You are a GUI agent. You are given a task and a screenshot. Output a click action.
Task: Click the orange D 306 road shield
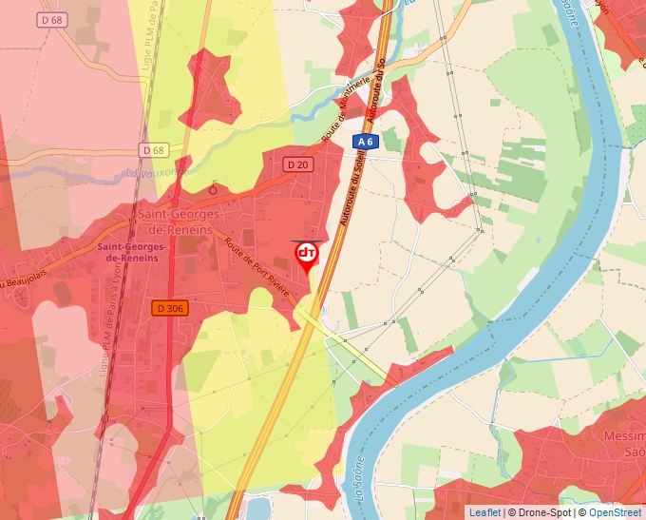click(169, 308)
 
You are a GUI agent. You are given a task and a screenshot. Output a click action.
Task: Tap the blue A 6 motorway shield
click(366, 142)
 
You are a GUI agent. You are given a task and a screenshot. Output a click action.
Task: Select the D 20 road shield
click(297, 164)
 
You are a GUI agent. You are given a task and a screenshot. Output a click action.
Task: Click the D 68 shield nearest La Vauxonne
click(152, 150)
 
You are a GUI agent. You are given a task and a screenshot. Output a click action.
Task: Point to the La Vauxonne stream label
click(157, 173)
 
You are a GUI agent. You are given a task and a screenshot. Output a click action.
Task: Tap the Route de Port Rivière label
click(257, 264)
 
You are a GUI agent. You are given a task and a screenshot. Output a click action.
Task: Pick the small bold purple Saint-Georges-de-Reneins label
click(132, 252)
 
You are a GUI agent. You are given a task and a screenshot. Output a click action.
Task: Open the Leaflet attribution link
click(484, 512)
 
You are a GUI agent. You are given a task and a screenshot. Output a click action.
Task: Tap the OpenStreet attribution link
click(615, 512)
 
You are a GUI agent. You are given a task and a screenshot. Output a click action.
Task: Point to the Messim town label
click(624, 436)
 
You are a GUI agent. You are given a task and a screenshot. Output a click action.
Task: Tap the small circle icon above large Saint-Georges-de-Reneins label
click(213, 189)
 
